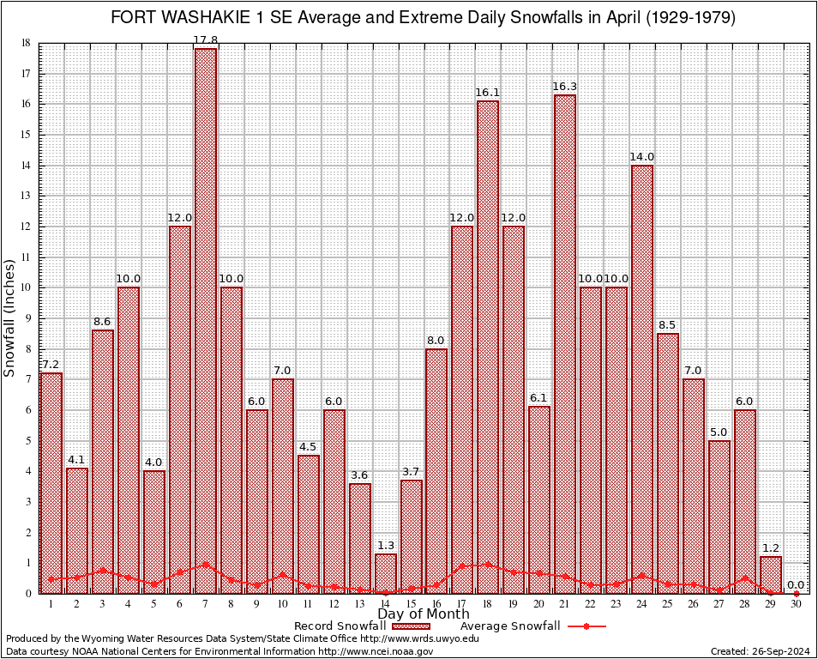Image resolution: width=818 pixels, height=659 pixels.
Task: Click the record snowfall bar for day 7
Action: [x=205, y=317]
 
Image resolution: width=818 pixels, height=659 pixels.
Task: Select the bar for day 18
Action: [x=488, y=343]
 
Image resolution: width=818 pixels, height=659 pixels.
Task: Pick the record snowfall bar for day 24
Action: [x=642, y=378]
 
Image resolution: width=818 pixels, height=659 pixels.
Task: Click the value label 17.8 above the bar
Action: [x=205, y=40]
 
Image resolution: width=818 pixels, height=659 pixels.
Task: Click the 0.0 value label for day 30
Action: [x=796, y=584]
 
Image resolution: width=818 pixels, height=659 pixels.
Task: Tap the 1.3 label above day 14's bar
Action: [x=385, y=546]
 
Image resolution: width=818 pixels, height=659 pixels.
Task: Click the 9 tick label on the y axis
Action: [x=28, y=318]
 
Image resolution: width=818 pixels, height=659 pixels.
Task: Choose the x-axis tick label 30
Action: [x=796, y=604]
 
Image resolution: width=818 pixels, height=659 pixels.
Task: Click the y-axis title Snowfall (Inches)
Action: [x=9, y=317]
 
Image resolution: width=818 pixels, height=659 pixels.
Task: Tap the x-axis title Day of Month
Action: [x=423, y=614]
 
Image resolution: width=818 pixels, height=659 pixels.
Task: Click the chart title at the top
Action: [x=423, y=18]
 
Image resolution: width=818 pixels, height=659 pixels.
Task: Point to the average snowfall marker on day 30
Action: [x=796, y=593]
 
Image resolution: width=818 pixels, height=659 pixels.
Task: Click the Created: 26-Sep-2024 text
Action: [x=761, y=651]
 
